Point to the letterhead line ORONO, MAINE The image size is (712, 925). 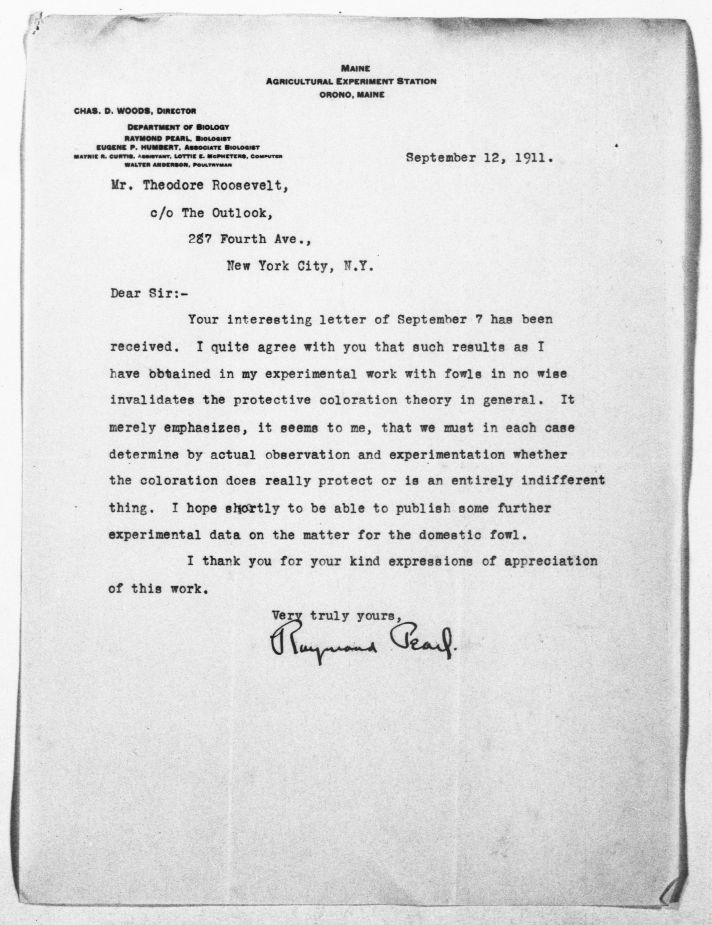click(x=352, y=95)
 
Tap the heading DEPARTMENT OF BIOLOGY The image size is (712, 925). click(x=178, y=127)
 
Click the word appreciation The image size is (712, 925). click(x=551, y=562)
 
